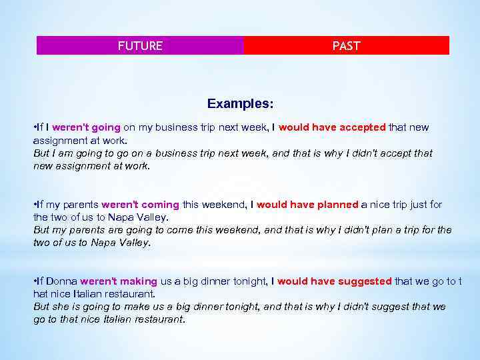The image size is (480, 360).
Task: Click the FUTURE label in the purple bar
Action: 140,46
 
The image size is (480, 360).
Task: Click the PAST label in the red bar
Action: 346,46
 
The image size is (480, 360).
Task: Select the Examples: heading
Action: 240,104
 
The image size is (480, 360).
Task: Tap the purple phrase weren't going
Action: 86,127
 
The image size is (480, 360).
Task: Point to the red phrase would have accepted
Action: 332,127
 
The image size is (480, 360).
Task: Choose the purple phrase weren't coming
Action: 139,205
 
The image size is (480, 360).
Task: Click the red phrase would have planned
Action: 307,205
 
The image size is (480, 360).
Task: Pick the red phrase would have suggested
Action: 334,281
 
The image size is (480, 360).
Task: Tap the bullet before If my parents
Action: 35,205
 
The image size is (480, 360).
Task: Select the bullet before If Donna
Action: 35,281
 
